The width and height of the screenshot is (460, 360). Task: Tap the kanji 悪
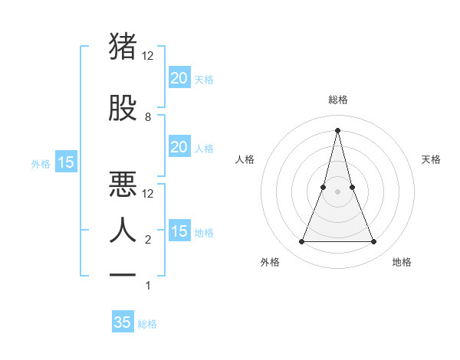point(124,184)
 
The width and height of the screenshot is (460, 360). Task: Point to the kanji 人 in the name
point(124,230)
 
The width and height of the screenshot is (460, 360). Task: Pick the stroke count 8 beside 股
point(148,117)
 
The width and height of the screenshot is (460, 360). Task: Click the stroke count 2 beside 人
point(148,240)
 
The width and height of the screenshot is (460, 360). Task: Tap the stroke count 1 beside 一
point(148,286)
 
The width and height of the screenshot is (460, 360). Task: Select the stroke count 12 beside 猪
point(148,56)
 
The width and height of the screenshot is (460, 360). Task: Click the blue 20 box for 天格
point(179,78)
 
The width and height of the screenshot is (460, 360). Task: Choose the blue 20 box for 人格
point(179,147)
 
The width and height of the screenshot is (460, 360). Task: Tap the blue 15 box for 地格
point(179,231)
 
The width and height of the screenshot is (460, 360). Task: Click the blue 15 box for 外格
point(66,162)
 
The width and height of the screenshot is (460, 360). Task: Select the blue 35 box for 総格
point(123,322)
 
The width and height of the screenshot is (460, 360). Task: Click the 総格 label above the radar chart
point(338,100)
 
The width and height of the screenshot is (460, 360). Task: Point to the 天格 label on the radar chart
point(432,159)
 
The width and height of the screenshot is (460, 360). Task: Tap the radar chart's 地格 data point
point(374,242)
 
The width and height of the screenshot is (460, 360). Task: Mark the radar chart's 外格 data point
point(301,242)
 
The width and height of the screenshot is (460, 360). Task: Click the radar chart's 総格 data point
point(338,129)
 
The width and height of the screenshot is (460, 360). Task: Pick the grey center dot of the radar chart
point(338,191)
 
